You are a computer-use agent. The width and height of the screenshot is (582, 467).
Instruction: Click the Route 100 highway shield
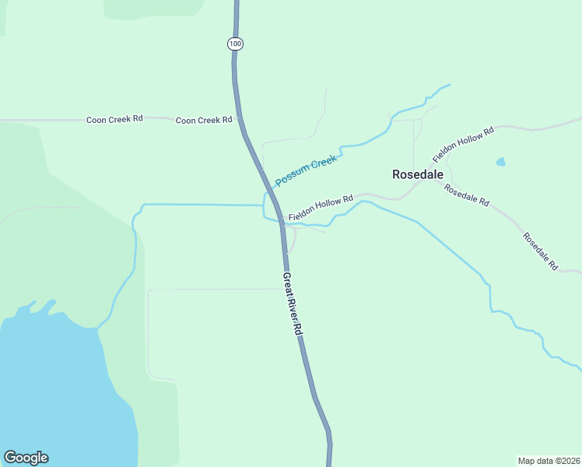click(236, 44)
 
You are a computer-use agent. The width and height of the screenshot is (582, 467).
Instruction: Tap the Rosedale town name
click(418, 174)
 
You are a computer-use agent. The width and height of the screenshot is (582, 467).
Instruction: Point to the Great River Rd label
click(292, 304)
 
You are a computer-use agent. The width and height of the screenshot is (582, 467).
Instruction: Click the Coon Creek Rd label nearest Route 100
click(204, 120)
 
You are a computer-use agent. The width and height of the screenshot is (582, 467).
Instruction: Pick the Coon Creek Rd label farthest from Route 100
click(114, 119)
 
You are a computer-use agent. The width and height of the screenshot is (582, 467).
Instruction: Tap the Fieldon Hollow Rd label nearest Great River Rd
click(321, 207)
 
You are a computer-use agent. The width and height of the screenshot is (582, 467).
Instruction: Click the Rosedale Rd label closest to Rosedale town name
click(466, 195)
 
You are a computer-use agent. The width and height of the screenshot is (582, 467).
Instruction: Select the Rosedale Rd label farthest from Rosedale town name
click(540, 251)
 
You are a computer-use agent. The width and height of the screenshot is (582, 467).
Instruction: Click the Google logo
click(26, 458)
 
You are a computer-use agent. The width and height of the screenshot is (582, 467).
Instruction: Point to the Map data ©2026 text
click(548, 460)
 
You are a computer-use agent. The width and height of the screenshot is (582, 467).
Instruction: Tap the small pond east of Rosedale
click(500, 162)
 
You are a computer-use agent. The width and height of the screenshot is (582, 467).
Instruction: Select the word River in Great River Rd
click(292, 305)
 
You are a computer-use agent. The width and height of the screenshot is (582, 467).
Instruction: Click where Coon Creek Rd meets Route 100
click(240, 121)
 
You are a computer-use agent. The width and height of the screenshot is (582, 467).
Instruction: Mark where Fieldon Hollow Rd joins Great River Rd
click(282, 221)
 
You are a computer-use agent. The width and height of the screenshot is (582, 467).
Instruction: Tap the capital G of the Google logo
click(10, 458)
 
